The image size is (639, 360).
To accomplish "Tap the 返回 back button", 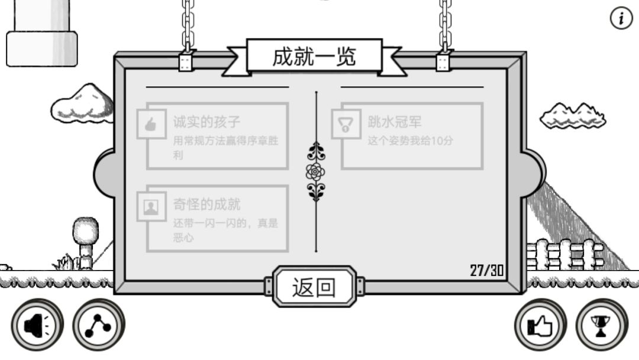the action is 314,287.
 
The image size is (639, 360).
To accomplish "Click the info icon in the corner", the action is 621,18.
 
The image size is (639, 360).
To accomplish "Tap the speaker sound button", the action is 37,325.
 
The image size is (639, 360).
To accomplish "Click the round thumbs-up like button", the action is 540,325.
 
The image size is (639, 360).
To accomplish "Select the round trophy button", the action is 602,325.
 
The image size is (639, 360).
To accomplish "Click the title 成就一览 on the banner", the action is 314,56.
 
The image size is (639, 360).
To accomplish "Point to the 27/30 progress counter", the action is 487,271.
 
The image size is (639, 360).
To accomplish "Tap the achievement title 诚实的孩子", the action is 206,121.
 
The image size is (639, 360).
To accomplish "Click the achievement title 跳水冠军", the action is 395,121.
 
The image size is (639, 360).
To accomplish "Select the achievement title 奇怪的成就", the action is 206,204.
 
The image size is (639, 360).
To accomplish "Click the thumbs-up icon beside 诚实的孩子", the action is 151,124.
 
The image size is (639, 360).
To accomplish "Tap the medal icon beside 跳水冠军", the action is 346,124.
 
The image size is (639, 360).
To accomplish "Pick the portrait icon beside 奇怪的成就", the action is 151,207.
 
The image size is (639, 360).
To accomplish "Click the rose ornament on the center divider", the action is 315,172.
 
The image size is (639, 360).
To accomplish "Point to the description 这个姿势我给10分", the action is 411,141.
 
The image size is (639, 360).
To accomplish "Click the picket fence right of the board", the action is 564,255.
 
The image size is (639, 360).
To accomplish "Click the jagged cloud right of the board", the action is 573,116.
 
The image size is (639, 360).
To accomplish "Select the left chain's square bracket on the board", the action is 185,62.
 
